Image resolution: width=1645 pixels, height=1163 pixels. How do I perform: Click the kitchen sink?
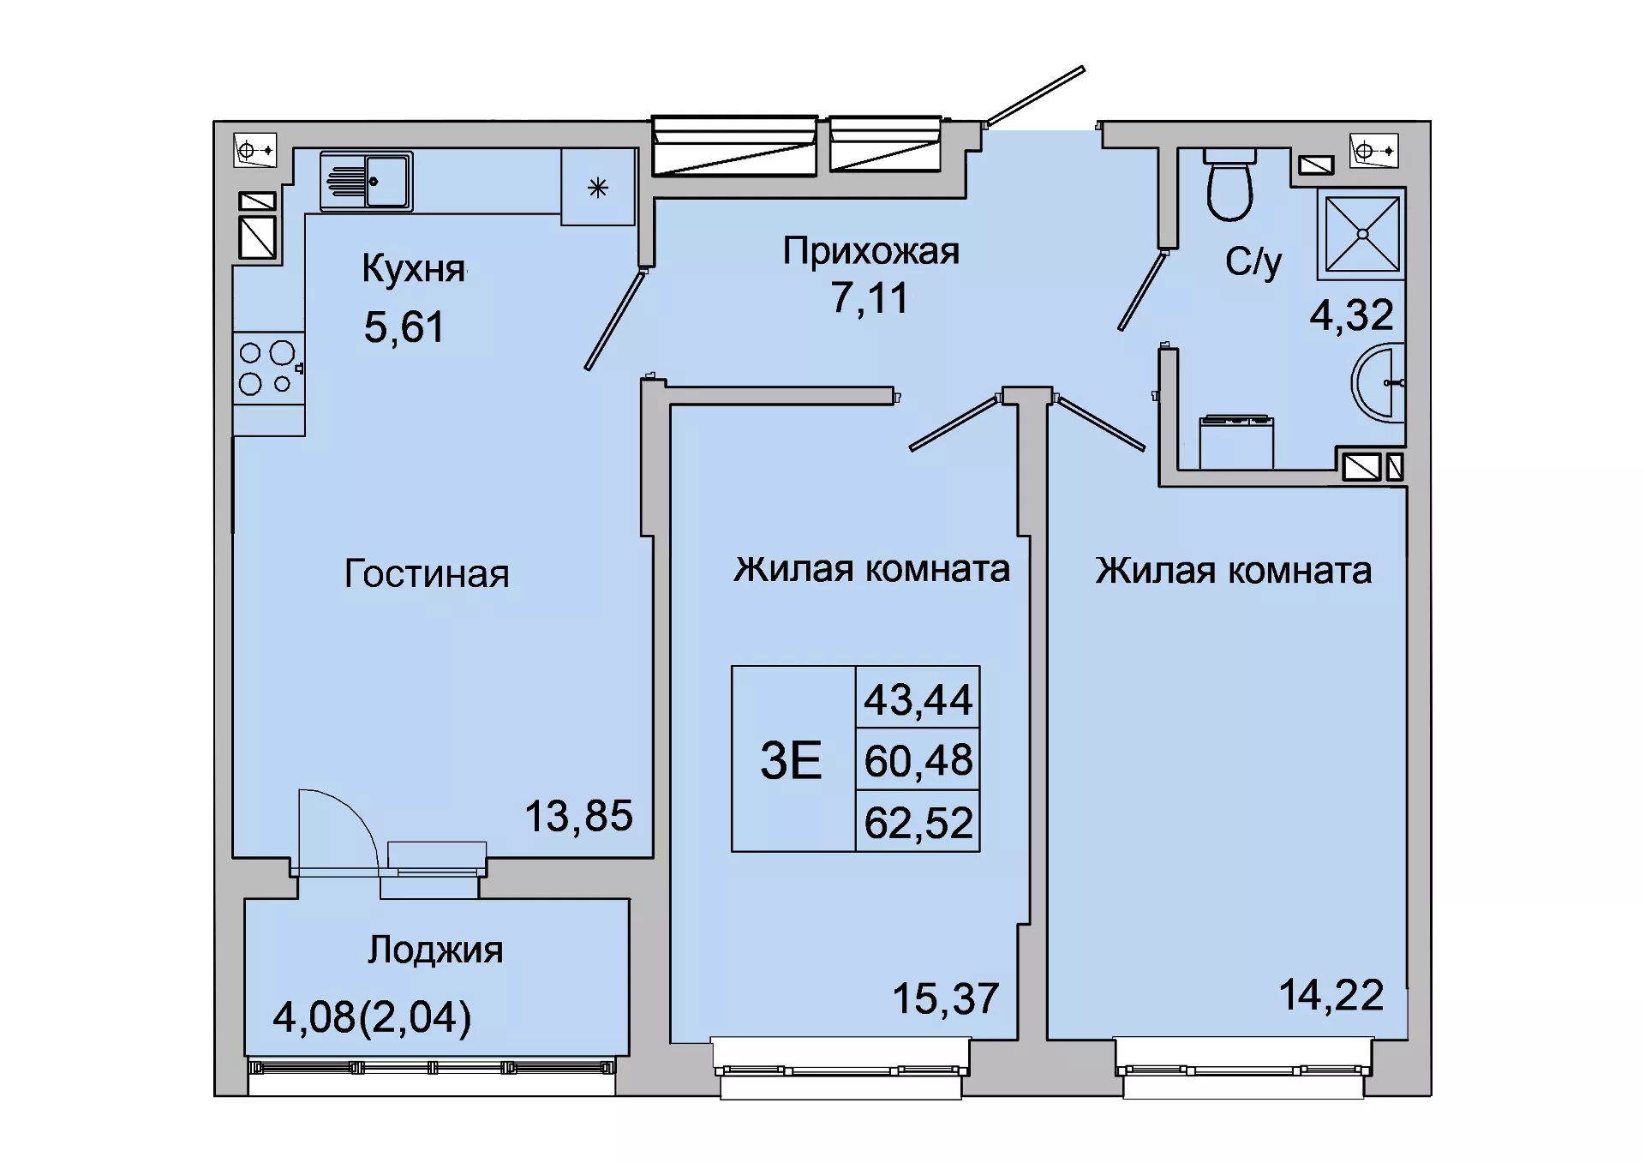pyautogui.click(x=366, y=181)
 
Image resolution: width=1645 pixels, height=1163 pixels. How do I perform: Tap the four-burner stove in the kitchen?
pyautogui.click(x=269, y=369)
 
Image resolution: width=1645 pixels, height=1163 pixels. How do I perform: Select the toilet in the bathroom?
pyautogui.click(x=1229, y=184)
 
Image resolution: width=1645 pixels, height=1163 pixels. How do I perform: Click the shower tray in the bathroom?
pyautogui.click(x=1361, y=234)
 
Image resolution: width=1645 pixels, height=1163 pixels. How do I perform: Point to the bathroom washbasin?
pyautogui.click(x=1379, y=383)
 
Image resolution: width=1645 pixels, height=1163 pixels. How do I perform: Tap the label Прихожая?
pyautogui.click(x=870, y=252)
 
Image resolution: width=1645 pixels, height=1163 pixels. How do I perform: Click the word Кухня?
pyautogui.click(x=414, y=268)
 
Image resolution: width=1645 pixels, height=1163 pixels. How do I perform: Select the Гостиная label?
pyautogui.click(x=427, y=573)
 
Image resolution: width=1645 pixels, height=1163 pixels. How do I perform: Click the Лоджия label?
pyautogui.click(x=435, y=950)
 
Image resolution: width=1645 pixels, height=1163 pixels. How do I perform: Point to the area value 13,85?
pyautogui.click(x=578, y=816)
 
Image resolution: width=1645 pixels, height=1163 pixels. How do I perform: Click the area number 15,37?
pyautogui.click(x=946, y=998)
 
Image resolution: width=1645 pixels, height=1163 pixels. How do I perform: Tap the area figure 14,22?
pyautogui.click(x=1331, y=995)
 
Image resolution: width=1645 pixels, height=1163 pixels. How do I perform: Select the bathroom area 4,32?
pyautogui.click(x=1351, y=315)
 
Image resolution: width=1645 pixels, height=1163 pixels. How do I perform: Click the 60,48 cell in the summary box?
pyautogui.click(x=918, y=760)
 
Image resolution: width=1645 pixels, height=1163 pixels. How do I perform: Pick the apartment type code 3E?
pyautogui.click(x=791, y=760)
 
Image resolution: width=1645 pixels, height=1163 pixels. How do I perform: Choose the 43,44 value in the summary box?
pyautogui.click(x=918, y=699)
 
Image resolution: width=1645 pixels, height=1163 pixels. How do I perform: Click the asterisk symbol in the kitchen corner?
pyautogui.click(x=598, y=188)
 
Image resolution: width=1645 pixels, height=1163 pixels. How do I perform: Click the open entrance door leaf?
pyautogui.click(x=1035, y=95)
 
